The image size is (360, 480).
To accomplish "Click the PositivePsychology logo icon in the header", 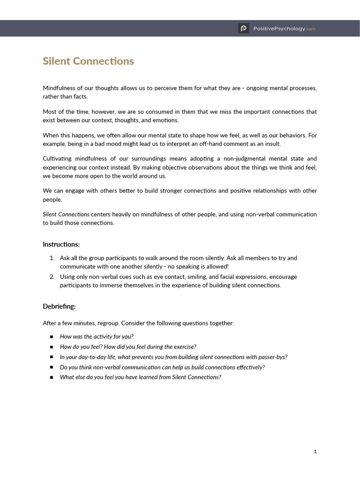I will (243, 29).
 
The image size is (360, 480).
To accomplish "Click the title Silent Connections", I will (88, 61).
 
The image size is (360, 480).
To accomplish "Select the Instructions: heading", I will (61, 244).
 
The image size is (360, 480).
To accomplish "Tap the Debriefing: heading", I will (59, 307).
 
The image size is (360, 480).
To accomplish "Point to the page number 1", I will (315, 451).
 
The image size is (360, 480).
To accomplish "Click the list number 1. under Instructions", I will (52, 258).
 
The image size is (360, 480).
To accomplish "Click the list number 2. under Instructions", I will (52, 277).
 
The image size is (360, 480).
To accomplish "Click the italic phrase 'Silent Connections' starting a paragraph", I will (66, 214).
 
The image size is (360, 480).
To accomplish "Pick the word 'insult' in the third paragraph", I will (271, 144).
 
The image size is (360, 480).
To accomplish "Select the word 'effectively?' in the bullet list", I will (249, 367).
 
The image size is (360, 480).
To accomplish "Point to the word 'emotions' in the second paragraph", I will (165, 120).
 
